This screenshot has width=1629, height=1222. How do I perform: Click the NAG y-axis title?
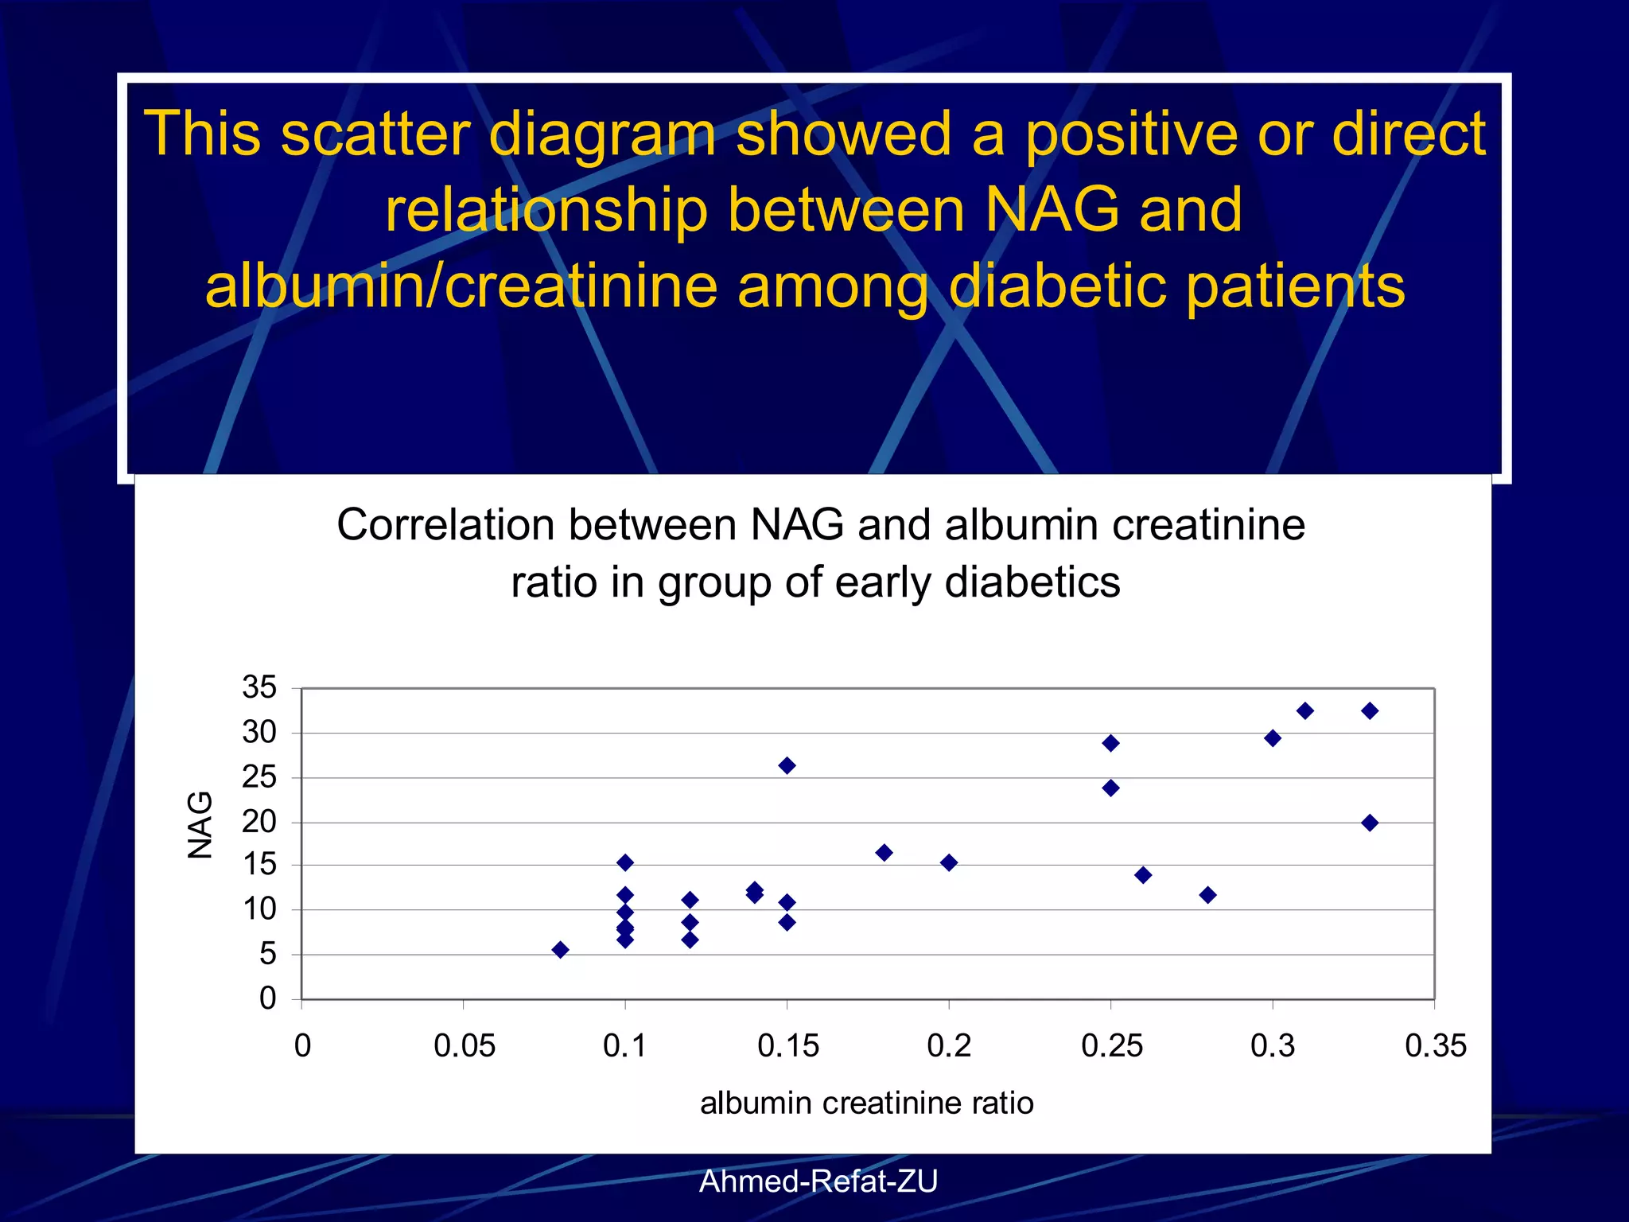pyautogui.click(x=200, y=825)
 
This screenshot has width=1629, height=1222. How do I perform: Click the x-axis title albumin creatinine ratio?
pyautogui.click(x=866, y=1103)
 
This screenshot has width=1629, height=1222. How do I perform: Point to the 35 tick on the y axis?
pyautogui.click(x=259, y=687)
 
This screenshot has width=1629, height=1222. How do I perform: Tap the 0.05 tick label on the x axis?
pyautogui.click(x=465, y=1045)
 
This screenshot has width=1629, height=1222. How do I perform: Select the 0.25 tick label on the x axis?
pyautogui.click(x=1111, y=1045)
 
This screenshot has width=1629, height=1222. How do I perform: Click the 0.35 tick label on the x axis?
pyautogui.click(x=1435, y=1045)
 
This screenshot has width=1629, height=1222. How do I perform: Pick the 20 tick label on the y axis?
pyautogui.click(x=259, y=822)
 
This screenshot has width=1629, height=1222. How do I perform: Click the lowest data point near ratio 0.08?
pyautogui.click(x=560, y=950)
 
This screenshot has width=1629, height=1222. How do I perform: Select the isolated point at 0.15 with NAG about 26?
pyautogui.click(x=787, y=765)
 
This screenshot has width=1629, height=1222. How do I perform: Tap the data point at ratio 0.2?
pyautogui.click(x=948, y=862)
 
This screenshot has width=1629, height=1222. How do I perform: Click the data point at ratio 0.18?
pyautogui.click(x=884, y=853)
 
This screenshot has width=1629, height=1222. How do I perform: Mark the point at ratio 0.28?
pyautogui.click(x=1207, y=895)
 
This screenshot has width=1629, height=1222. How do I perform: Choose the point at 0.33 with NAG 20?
pyautogui.click(x=1370, y=823)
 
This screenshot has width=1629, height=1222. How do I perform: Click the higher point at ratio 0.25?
pyautogui.click(x=1111, y=743)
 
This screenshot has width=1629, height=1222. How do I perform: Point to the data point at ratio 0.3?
pyautogui.click(x=1273, y=738)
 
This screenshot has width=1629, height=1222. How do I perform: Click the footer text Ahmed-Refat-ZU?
pyautogui.click(x=818, y=1181)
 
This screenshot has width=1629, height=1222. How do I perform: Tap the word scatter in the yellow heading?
pyautogui.click(x=375, y=134)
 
